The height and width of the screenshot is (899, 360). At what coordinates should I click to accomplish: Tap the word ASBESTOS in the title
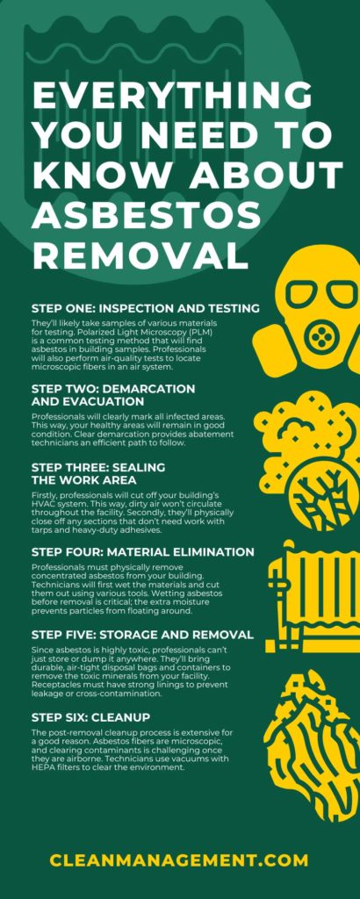[140, 215]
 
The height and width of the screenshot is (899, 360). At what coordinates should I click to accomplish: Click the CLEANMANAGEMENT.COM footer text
[179, 859]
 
